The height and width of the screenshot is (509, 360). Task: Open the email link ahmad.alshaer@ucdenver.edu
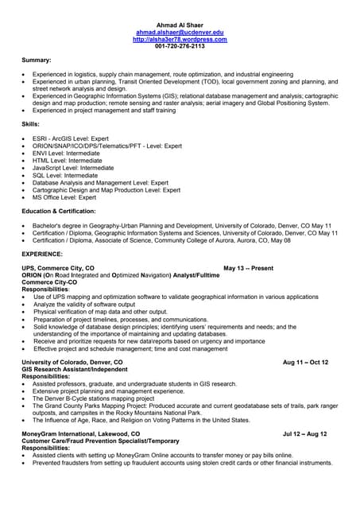[x=180, y=32]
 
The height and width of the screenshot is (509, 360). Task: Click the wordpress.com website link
[x=180, y=39]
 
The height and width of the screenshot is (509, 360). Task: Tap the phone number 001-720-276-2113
[x=180, y=46]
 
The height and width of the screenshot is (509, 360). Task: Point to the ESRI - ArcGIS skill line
[x=74, y=138]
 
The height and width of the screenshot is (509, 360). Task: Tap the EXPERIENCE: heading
[x=42, y=254]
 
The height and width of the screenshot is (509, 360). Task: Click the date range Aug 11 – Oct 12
[x=305, y=362]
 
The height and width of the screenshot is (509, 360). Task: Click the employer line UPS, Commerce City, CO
[x=58, y=268]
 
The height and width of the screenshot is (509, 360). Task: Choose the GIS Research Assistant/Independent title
[x=75, y=369]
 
